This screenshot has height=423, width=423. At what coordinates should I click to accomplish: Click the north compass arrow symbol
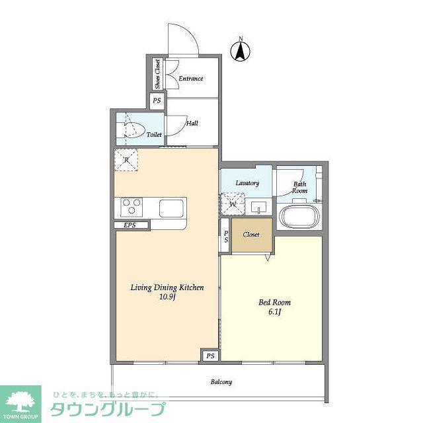pos(241,51)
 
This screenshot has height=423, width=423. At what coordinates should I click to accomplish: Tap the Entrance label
pos(190,79)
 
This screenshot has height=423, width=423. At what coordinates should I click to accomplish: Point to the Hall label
pos(192,123)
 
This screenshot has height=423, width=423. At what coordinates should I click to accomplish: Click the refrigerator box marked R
pos(126,160)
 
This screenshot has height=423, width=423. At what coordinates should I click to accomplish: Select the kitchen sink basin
pos(172,208)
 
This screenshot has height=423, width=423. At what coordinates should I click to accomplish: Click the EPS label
pos(130,225)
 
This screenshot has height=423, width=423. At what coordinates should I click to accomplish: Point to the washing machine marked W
pos(233,204)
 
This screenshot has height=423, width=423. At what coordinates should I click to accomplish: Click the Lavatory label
pos(247,183)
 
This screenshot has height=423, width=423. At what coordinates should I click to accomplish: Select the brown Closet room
pos(250,235)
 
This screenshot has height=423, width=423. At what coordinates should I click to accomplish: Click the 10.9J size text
pos(166,297)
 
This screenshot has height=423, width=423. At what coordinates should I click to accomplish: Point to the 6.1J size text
pos(274,312)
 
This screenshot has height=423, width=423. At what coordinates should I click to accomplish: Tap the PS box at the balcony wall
pos(210,356)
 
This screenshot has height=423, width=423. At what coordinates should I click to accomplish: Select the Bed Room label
pos(274,303)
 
